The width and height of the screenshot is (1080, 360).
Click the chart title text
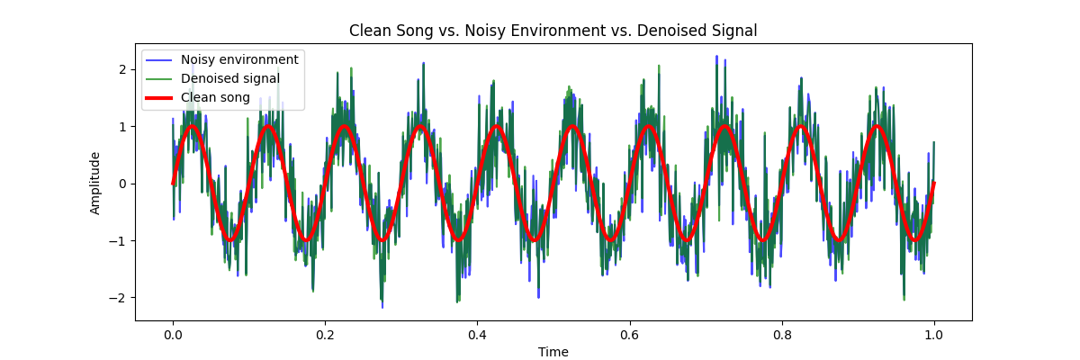click(553, 31)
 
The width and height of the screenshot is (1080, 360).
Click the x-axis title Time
click(553, 352)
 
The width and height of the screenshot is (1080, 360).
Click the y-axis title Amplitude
click(95, 183)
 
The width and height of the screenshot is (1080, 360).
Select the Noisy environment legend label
click(239, 59)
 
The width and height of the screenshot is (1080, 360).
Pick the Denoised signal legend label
click(230, 78)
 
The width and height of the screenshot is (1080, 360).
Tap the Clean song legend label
click(215, 97)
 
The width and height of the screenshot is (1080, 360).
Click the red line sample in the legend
click(159, 97)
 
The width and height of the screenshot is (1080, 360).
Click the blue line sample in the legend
click(159, 59)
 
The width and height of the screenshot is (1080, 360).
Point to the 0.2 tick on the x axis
click(325, 334)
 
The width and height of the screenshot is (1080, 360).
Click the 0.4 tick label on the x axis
click(477, 334)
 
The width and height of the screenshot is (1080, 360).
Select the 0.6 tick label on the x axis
click(629, 334)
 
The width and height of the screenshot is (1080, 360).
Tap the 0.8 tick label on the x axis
click(781, 334)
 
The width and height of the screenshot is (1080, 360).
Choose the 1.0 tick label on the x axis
click(933, 334)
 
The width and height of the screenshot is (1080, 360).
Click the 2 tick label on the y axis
click(123, 69)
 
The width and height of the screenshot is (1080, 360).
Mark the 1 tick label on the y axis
click(123, 127)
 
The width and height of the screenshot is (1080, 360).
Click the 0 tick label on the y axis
click(123, 184)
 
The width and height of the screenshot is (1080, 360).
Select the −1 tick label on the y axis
click(120, 240)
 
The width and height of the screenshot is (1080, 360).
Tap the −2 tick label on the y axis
click(120, 297)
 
